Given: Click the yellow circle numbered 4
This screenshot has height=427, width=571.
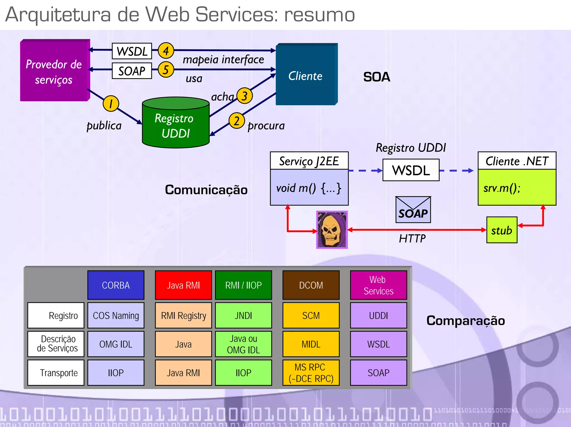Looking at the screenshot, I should pyautogui.click(x=166, y=51).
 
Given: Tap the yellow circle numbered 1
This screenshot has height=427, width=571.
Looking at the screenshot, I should pyautogui.click(x=111, y=103).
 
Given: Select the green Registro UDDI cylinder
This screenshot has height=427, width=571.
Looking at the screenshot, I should pyautogui.click(x=176, y=123).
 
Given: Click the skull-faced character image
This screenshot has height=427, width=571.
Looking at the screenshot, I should pyautogui.click(x=332, y=230).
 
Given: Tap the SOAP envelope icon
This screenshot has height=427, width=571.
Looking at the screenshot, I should pyautogui.click(x=413, y=210).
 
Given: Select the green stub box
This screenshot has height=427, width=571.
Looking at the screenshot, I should pyautogui.click(x=502, y=230).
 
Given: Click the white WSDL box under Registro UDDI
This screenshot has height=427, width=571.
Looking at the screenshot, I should pyautogui.click(x=411, y=170).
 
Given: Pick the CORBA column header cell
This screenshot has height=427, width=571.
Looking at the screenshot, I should pyautogui.click(x=116, y=285).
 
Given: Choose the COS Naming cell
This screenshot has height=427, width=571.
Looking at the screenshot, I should pyautogui.click(x=116, y=315).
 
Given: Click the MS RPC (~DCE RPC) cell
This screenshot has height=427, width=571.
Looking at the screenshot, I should pyautogui.click(x=311, y=373).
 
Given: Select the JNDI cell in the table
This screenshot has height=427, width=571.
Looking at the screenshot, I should pyautogui.click(x=243, y=315).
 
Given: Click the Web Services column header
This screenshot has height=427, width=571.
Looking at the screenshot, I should pyautogui.click(x=378, y=285).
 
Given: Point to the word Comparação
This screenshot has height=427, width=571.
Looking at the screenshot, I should pyautogui.click(x=466, y=320).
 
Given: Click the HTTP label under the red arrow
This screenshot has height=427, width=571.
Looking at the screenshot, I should pyautogui.click(x=412, y=239).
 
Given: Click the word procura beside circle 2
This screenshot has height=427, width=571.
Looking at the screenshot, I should pyautogui.click(x=266, y=126).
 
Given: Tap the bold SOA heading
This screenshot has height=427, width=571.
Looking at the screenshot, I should pyautogui.click(x=376, y=77).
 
